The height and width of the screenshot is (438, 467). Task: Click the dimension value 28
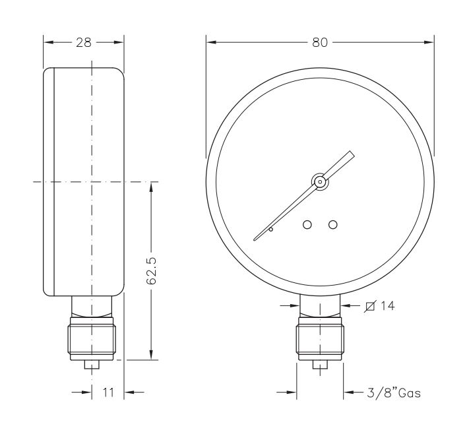tap(84, 42)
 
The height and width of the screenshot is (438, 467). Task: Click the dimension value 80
tap(320, 42)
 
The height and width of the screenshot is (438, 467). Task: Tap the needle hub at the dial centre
tap(319, 181)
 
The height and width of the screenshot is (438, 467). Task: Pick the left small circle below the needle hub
tap(307, 225)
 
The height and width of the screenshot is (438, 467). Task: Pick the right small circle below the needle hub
tap(332, 225)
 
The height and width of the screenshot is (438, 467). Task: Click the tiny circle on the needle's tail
tap(270, 230)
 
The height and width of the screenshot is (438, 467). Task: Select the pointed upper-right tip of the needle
tap(353, 154)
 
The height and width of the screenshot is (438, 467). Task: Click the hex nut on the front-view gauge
tap(320, 338)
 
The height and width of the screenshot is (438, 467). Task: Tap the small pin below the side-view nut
tap(92, 364)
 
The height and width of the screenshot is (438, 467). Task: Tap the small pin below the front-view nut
tap(320, 365)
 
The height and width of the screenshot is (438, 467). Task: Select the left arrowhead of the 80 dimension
tap(210, 42)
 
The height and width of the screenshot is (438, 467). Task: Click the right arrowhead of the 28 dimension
tap(120, 42)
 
